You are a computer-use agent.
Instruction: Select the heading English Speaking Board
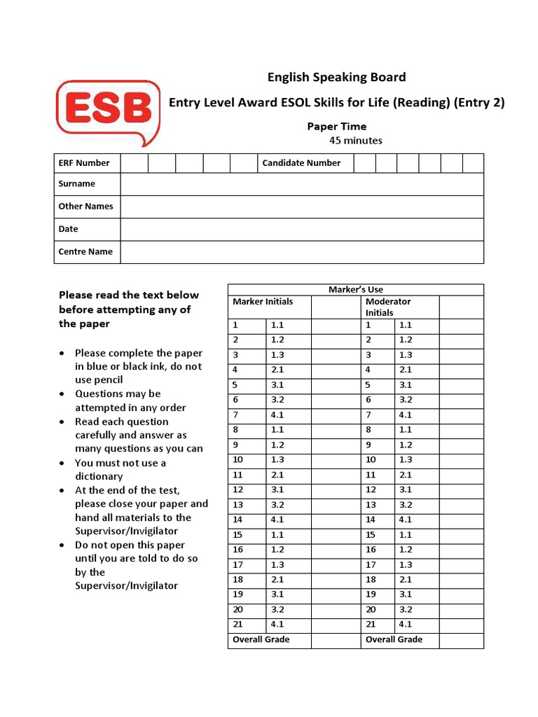(336, 77)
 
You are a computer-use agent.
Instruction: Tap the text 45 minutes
(356, 141)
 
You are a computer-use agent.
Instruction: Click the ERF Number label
(84, 163)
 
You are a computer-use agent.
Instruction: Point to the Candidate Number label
(301, 163)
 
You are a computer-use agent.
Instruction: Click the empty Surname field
(301, 184)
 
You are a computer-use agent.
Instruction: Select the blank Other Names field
(301, 207)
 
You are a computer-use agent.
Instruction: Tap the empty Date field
(301, 229)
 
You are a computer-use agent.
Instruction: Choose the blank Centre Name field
(301, 252)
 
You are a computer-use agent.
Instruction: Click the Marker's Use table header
(356, 290)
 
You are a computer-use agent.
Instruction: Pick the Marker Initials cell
(263, 302)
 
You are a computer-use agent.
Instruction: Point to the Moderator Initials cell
(389, 307)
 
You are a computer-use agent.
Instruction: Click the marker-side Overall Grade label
(261, 639)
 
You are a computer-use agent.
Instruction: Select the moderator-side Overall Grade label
(394, 639)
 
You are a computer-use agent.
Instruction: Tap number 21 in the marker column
(236, 625)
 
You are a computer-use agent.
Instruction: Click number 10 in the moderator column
(371, 460)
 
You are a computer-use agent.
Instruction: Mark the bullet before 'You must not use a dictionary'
(64, 464)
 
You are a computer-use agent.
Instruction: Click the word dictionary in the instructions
(99, 477)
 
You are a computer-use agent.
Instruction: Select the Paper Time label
(336, 127)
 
